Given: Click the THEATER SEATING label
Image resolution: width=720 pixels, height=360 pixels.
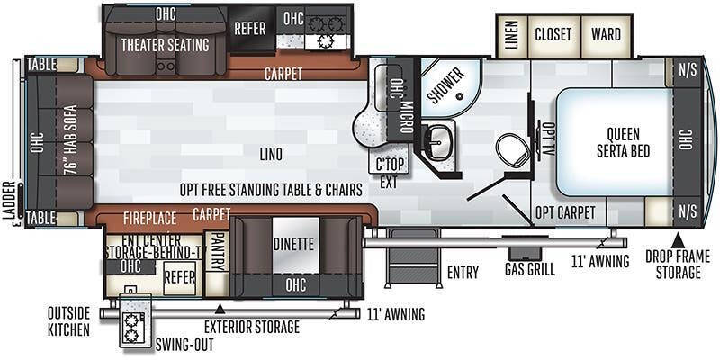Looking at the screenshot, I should (165, 44).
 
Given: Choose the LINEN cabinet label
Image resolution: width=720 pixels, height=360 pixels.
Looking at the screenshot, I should (511, 35).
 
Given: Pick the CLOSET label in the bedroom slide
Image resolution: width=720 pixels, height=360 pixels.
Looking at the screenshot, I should (553, 35).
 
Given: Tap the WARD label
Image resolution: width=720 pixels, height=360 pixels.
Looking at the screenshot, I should (606, 35).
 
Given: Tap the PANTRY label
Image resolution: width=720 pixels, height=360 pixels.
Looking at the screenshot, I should (217, 243).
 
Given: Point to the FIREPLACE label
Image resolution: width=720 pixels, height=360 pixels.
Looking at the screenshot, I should (149, 217).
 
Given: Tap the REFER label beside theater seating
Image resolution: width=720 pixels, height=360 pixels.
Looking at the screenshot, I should (249, 29).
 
